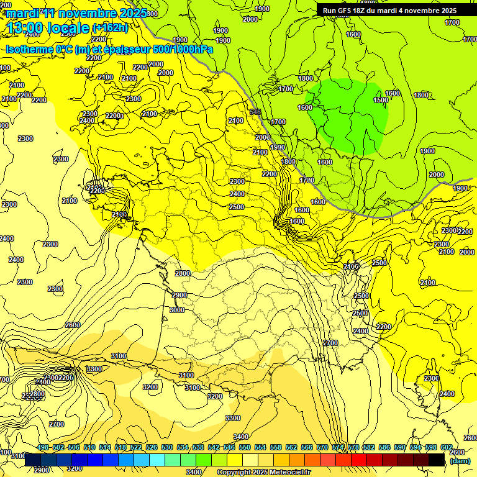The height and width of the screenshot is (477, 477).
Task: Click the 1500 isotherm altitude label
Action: pyautogui.click(x=381, y=100)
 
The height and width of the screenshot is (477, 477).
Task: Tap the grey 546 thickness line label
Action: pyautogui.click(x=255, y=112)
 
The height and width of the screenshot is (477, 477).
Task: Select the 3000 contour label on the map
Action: pyautogui.click(x=177, y=310)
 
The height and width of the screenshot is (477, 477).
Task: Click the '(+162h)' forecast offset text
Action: pyautogui.click(x=110, y=28)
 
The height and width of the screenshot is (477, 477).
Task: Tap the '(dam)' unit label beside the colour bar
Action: pyautogui.click(x=460, y=461)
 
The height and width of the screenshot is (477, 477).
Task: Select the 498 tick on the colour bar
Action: pyautogui.click(x=43, y=448)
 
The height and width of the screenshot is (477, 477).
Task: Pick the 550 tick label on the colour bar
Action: pyautogui.click(x=245, y=448)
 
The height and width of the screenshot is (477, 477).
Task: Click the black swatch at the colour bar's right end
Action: pyautogui.click(x=437, y=460)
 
